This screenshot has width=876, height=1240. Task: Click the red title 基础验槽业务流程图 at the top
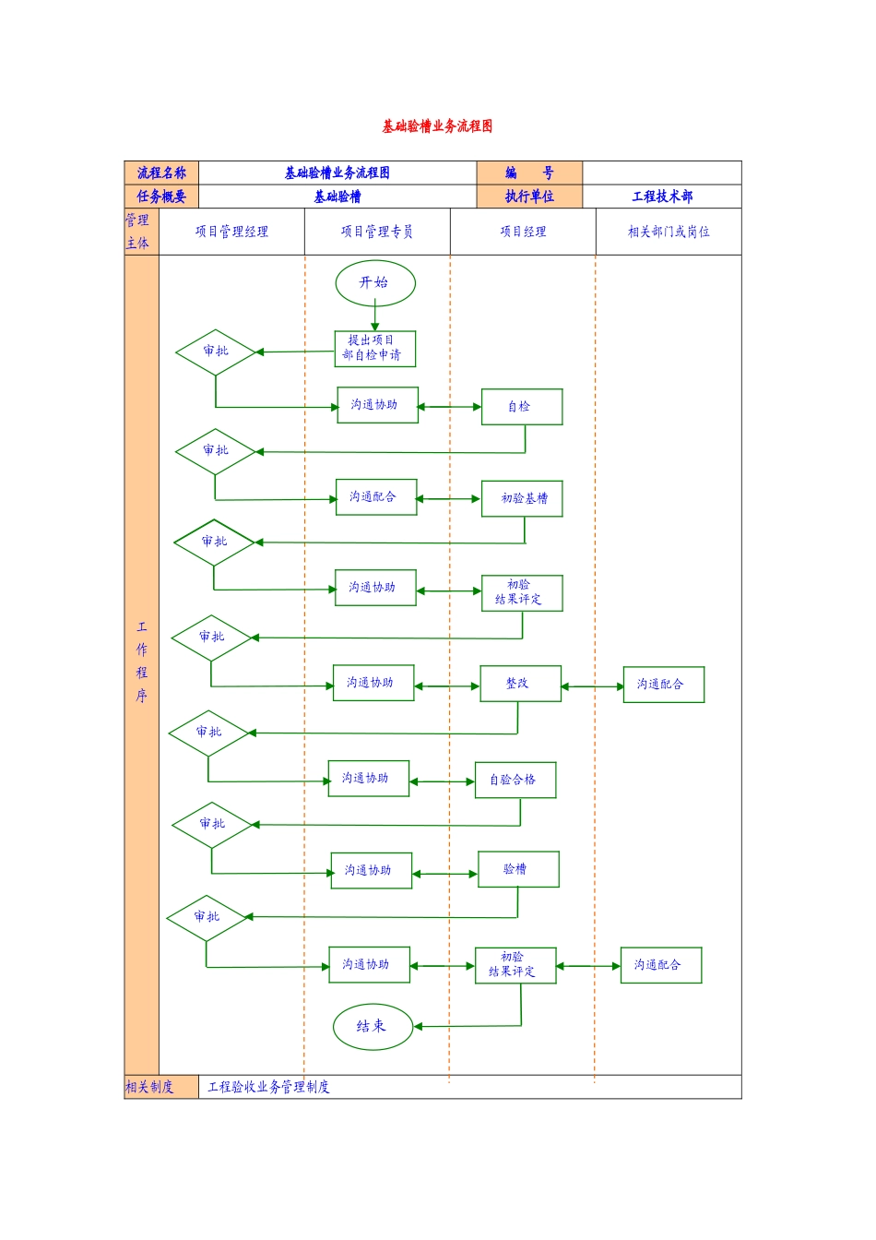[437, 126]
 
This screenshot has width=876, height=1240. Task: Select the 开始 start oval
[375, 283]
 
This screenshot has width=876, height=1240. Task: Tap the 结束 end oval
[373, 1027]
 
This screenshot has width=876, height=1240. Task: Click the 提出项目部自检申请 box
[374, 349]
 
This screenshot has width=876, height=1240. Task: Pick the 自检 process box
[521, 407]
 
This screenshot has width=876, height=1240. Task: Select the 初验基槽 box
[522, 498]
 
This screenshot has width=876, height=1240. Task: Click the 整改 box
[520, 684]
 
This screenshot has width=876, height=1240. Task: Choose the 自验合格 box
[515, 781]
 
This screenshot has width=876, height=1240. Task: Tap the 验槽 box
[518, 869]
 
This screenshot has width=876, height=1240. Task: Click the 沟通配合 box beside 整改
[663, 685]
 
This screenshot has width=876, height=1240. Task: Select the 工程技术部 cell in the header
[661, 197]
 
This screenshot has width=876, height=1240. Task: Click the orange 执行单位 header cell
[529, 197]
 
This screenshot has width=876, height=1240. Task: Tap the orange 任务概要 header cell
[161, 197]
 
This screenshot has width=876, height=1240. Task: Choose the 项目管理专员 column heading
[377, 232]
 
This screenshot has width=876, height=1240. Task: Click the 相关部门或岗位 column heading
[669, 232]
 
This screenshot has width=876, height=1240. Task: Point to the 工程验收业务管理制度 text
[268, 1087]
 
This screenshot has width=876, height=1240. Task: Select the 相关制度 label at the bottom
[150, 1087]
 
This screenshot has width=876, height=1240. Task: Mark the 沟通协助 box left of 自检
[377, 405]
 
